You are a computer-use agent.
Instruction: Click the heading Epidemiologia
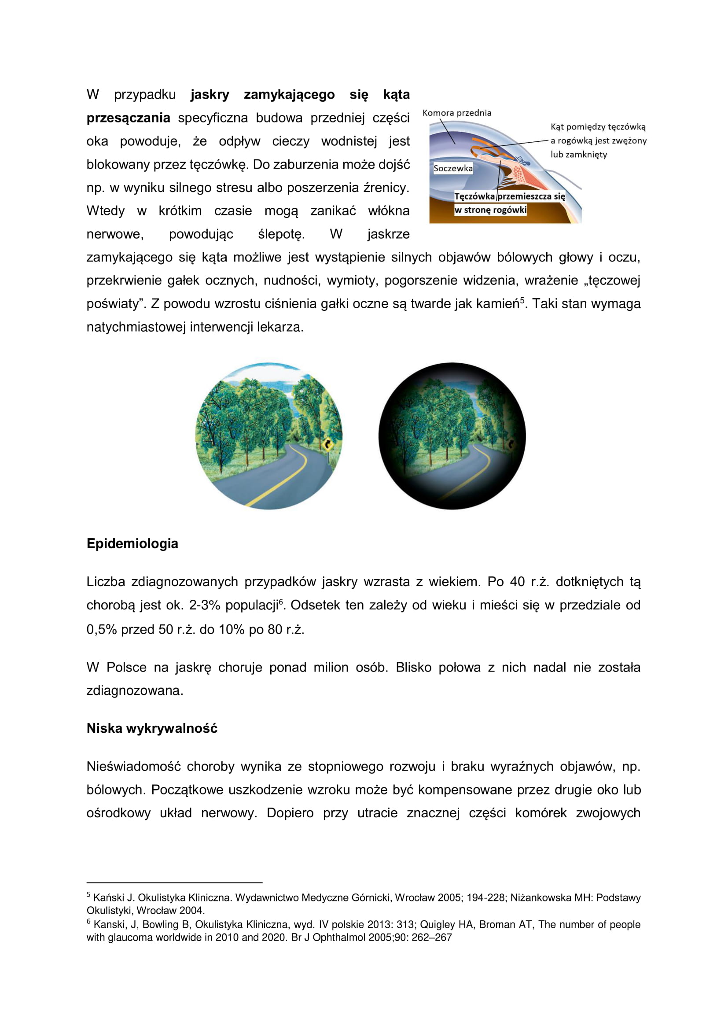(x=132, y=544)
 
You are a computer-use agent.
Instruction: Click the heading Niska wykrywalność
(x=151, y=728)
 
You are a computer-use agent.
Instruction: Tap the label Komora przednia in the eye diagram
(x=456, y=113)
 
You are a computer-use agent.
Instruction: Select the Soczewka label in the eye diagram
(x=453, y=169)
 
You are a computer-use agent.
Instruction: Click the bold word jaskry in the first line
(x=210, y=95)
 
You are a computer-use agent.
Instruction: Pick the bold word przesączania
(x=128, y=118)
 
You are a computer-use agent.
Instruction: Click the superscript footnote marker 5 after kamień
(x=522, y=300)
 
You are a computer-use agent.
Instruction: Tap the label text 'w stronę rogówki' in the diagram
(x=490, y=210)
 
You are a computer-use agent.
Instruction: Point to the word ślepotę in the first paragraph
(x=282, y=234)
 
